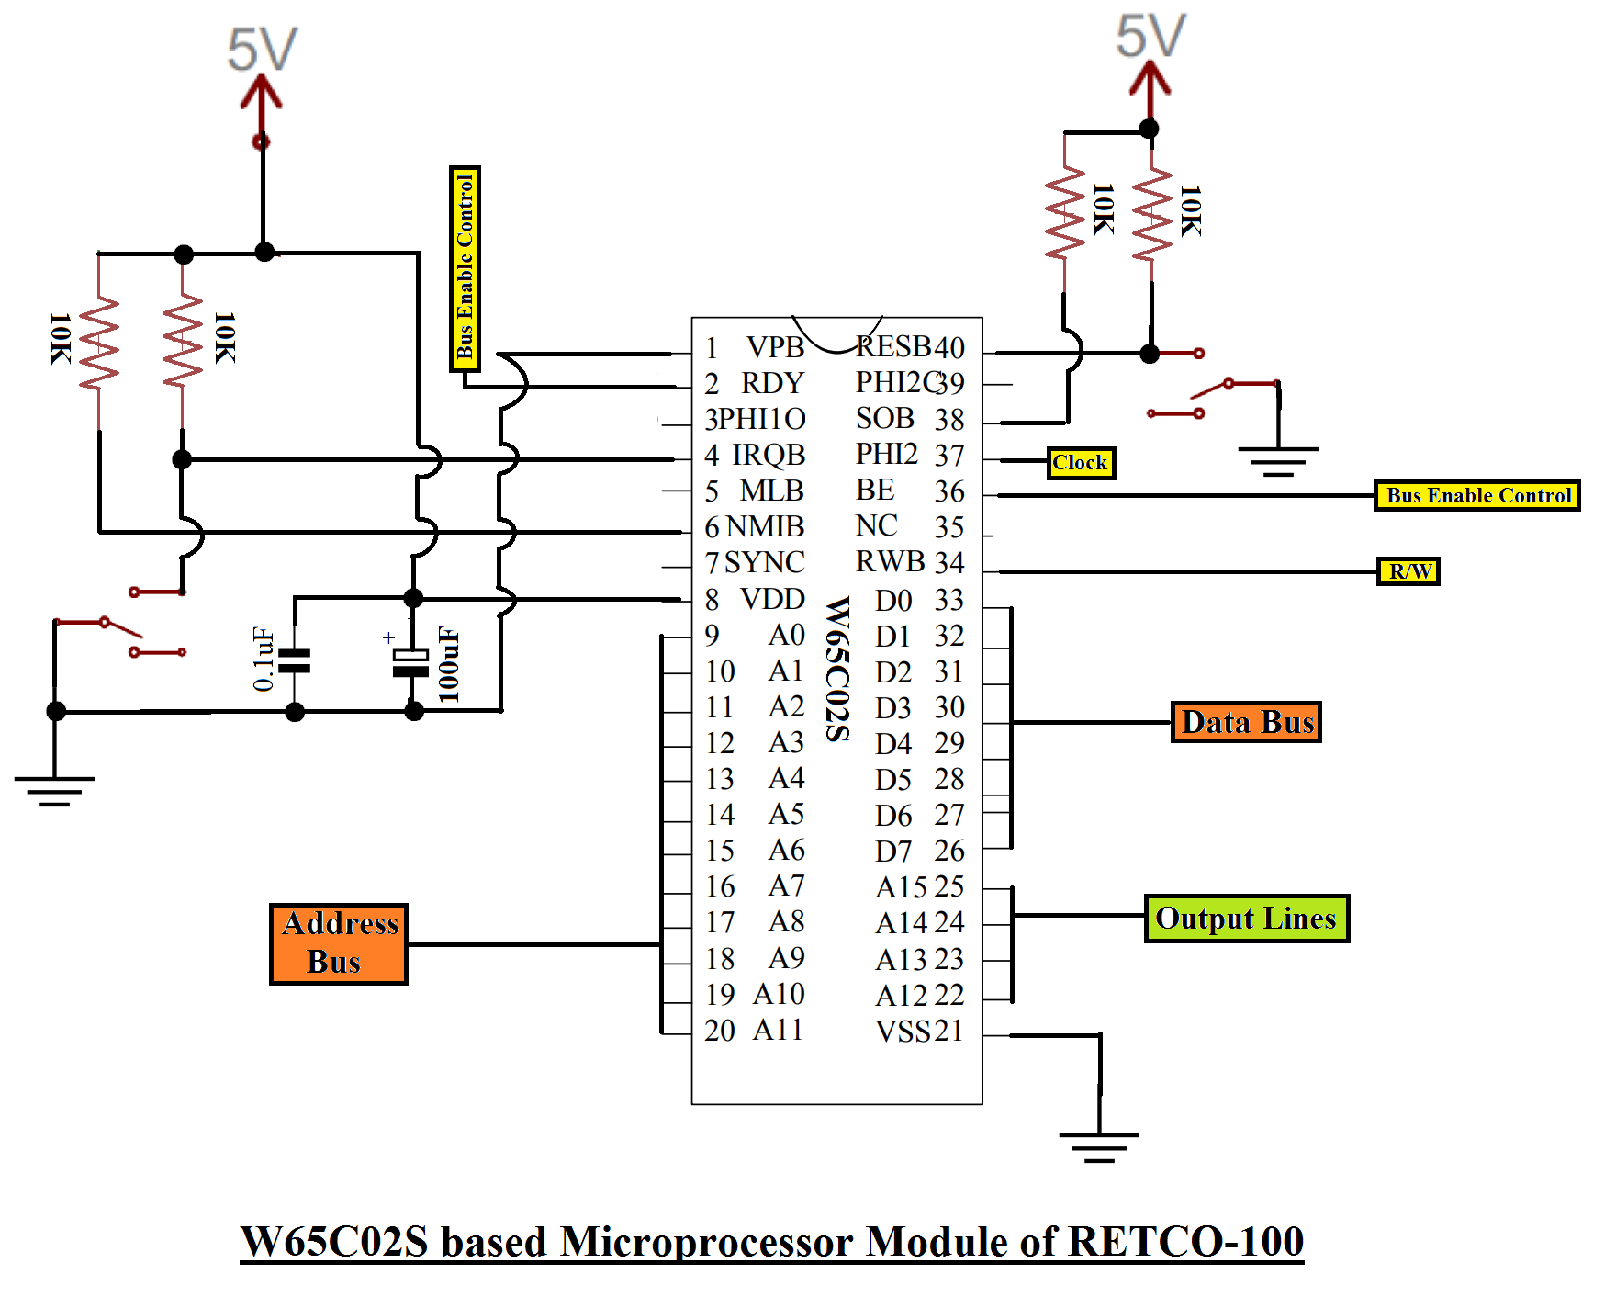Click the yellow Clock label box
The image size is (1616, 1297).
(1081, 463)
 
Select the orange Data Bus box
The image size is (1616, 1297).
(1246, 722)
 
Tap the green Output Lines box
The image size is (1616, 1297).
(1246, 919)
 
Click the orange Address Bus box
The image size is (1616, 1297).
(339, 943)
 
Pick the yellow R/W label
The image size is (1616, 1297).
(1408, 571)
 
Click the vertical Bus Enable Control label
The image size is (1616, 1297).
(465, 268)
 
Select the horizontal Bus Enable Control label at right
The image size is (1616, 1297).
(1476, 496)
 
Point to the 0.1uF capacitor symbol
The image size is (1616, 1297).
(295, 661)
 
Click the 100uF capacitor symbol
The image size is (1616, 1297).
(411, 663)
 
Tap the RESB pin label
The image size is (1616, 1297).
(893, 347)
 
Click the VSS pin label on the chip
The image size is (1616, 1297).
(903, 1032)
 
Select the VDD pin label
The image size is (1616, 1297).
(772, 599)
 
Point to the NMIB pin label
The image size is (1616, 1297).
(765, 527)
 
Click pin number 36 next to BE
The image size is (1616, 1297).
(949, 491)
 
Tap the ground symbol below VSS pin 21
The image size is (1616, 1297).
(1099, 1146)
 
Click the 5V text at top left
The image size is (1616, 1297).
(263, 50)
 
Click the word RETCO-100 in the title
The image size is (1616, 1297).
(1185, 1242)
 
